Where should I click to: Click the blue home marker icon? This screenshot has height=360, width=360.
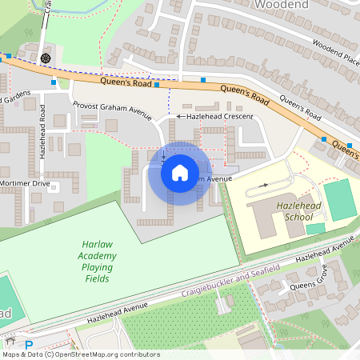pos(179,173)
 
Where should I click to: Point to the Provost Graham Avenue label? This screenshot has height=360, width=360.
pos(111,110)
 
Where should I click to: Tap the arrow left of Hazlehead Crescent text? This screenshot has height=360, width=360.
pos(180,117)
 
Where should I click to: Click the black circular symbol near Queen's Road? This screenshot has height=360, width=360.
pos(46,58)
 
